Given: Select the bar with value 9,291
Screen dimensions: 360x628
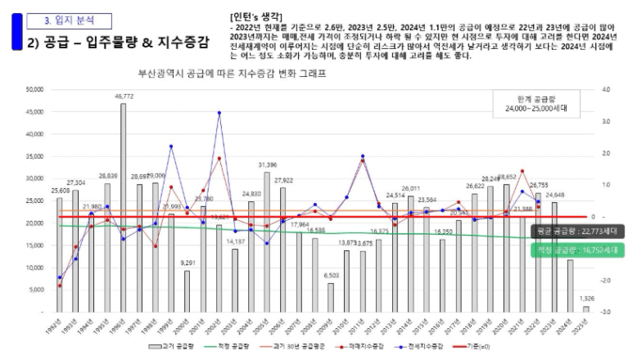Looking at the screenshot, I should tap(187, 291).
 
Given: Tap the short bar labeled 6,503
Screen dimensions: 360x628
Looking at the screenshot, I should tap(331, 298).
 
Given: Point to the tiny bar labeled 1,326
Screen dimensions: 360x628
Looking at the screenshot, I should tap(585, 309).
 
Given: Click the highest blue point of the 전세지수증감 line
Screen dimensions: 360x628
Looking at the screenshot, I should tap(219, 113).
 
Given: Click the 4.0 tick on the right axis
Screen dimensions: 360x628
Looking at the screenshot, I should tap(606, 89).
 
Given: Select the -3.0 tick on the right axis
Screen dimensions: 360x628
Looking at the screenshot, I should tap(606, 313).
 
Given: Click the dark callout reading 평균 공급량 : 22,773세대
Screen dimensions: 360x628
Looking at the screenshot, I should tap(578, 232).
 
